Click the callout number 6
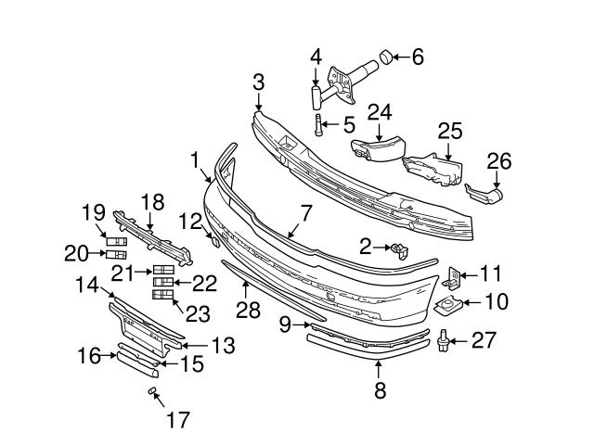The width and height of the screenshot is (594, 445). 417,57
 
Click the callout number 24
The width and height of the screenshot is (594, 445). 380,113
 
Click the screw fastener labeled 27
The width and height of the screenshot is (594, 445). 445,341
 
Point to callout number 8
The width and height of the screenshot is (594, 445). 379,390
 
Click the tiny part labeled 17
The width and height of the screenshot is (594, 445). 150,393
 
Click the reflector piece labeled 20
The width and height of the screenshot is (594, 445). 116,255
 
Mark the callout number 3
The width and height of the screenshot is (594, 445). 259,84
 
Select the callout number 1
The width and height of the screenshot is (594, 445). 197,160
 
